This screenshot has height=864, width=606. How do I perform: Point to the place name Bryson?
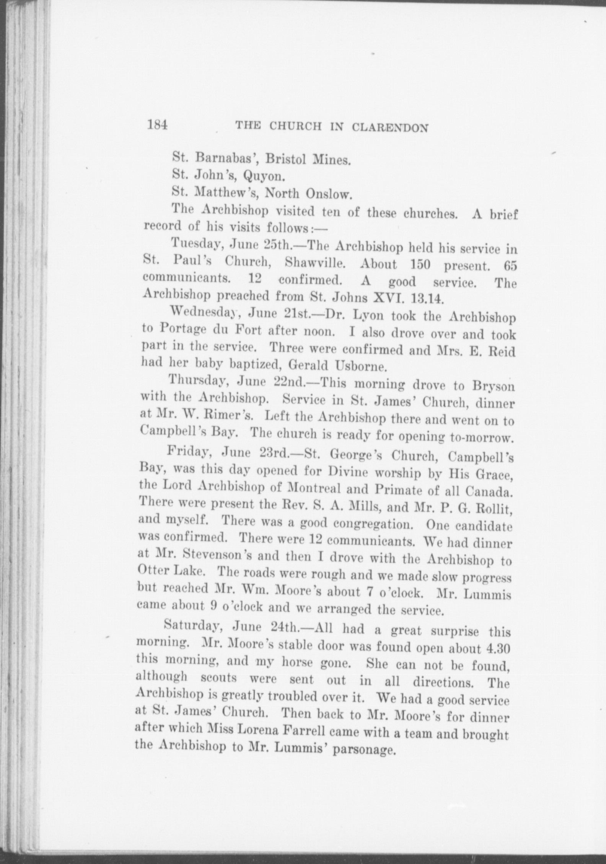click(x=493, y=386)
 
